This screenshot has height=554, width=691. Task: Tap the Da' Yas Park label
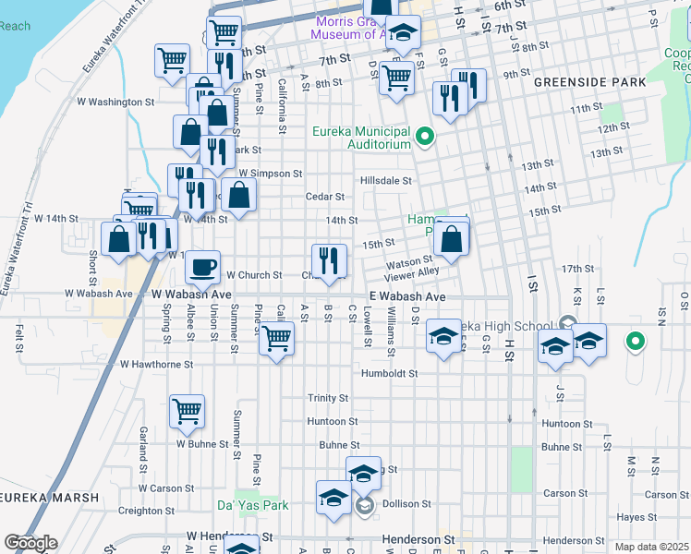(252, 505)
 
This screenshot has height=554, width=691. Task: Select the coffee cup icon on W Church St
(203, 268)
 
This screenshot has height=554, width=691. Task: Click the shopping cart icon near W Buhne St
(188, 412)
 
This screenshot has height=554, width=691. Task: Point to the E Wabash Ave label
(407, 296)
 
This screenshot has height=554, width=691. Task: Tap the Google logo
(30, 543)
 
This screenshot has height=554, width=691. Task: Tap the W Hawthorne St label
(156, 365)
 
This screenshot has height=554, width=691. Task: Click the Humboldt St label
(389, 374)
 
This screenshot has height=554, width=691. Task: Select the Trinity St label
(328, 398)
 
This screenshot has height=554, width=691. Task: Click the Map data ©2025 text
(650, 547)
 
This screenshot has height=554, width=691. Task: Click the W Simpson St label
(270, 173)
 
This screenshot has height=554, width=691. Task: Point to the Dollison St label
(407, 505)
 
